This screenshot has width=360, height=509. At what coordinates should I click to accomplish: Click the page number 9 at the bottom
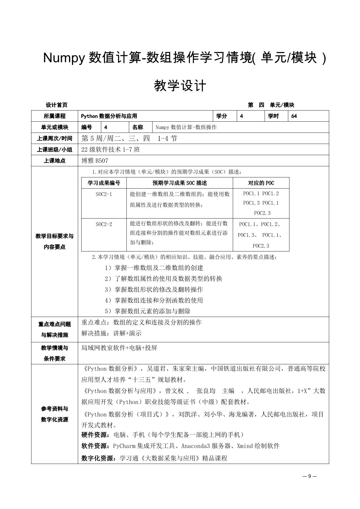[309, 476]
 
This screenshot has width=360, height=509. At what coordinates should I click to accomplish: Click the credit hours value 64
[294, 116]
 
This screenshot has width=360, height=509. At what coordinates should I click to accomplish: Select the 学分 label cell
[222, 116]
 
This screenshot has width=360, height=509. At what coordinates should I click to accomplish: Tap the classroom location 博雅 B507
[95, 161]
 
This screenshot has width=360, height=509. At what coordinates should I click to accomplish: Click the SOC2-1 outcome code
[104, 194]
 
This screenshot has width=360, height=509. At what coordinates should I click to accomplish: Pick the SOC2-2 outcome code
[104, 224]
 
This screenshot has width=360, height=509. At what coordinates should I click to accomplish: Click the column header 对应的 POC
[261, 183]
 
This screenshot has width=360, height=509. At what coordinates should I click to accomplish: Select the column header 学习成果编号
[104, 183]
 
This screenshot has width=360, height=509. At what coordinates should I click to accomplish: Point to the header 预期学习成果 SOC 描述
[180, 183]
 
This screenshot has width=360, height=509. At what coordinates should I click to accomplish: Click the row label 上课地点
[55, 161]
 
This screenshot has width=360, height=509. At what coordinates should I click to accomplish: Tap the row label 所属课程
[55, 116]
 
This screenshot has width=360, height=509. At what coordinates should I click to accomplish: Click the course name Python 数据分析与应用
[109, 116]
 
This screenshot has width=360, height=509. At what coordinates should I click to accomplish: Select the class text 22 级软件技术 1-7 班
[111, 150]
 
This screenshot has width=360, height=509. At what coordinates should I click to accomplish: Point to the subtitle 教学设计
[180, 86]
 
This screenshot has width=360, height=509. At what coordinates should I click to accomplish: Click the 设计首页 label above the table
[57, 105]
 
